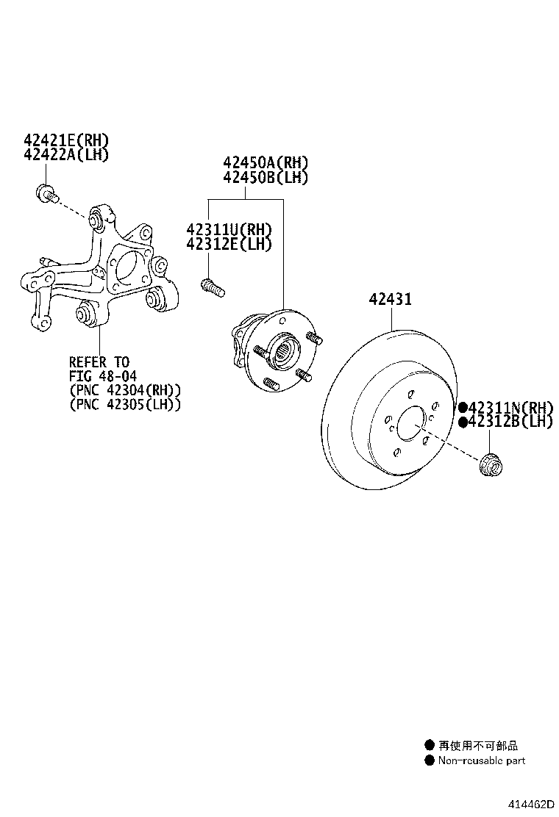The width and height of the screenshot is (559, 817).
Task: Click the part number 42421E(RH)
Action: point(66,140)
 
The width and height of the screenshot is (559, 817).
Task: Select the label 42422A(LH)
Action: point(66,154)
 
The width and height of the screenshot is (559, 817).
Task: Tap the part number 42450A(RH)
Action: point(266,162)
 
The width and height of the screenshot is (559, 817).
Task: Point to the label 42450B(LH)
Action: point(266,177)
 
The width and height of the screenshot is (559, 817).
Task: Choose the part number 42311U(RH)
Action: point(229,229)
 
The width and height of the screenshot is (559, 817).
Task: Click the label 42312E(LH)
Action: point(229,244)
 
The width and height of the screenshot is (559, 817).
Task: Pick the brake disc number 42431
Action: point(391,299)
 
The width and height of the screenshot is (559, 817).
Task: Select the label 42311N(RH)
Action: point(510,408)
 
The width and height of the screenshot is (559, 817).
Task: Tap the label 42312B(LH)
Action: point(510,422)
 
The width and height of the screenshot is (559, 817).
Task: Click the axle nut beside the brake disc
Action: point(490,464)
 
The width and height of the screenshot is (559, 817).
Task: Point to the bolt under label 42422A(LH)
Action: point(46,192)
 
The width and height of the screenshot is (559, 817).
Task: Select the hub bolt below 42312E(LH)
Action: point(213,287)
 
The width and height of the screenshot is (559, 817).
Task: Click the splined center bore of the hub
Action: point(284,350)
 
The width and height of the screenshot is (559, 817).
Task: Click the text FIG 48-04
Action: point(103,375)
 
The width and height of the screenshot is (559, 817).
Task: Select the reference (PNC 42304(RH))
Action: point(125,389)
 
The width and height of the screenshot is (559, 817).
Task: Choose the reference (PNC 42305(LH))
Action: point(125,404)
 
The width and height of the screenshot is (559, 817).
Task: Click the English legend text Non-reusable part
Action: point(481,760)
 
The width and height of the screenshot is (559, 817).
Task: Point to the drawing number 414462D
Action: point(531,804)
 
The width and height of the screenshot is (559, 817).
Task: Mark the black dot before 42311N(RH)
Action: point(463,408)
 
